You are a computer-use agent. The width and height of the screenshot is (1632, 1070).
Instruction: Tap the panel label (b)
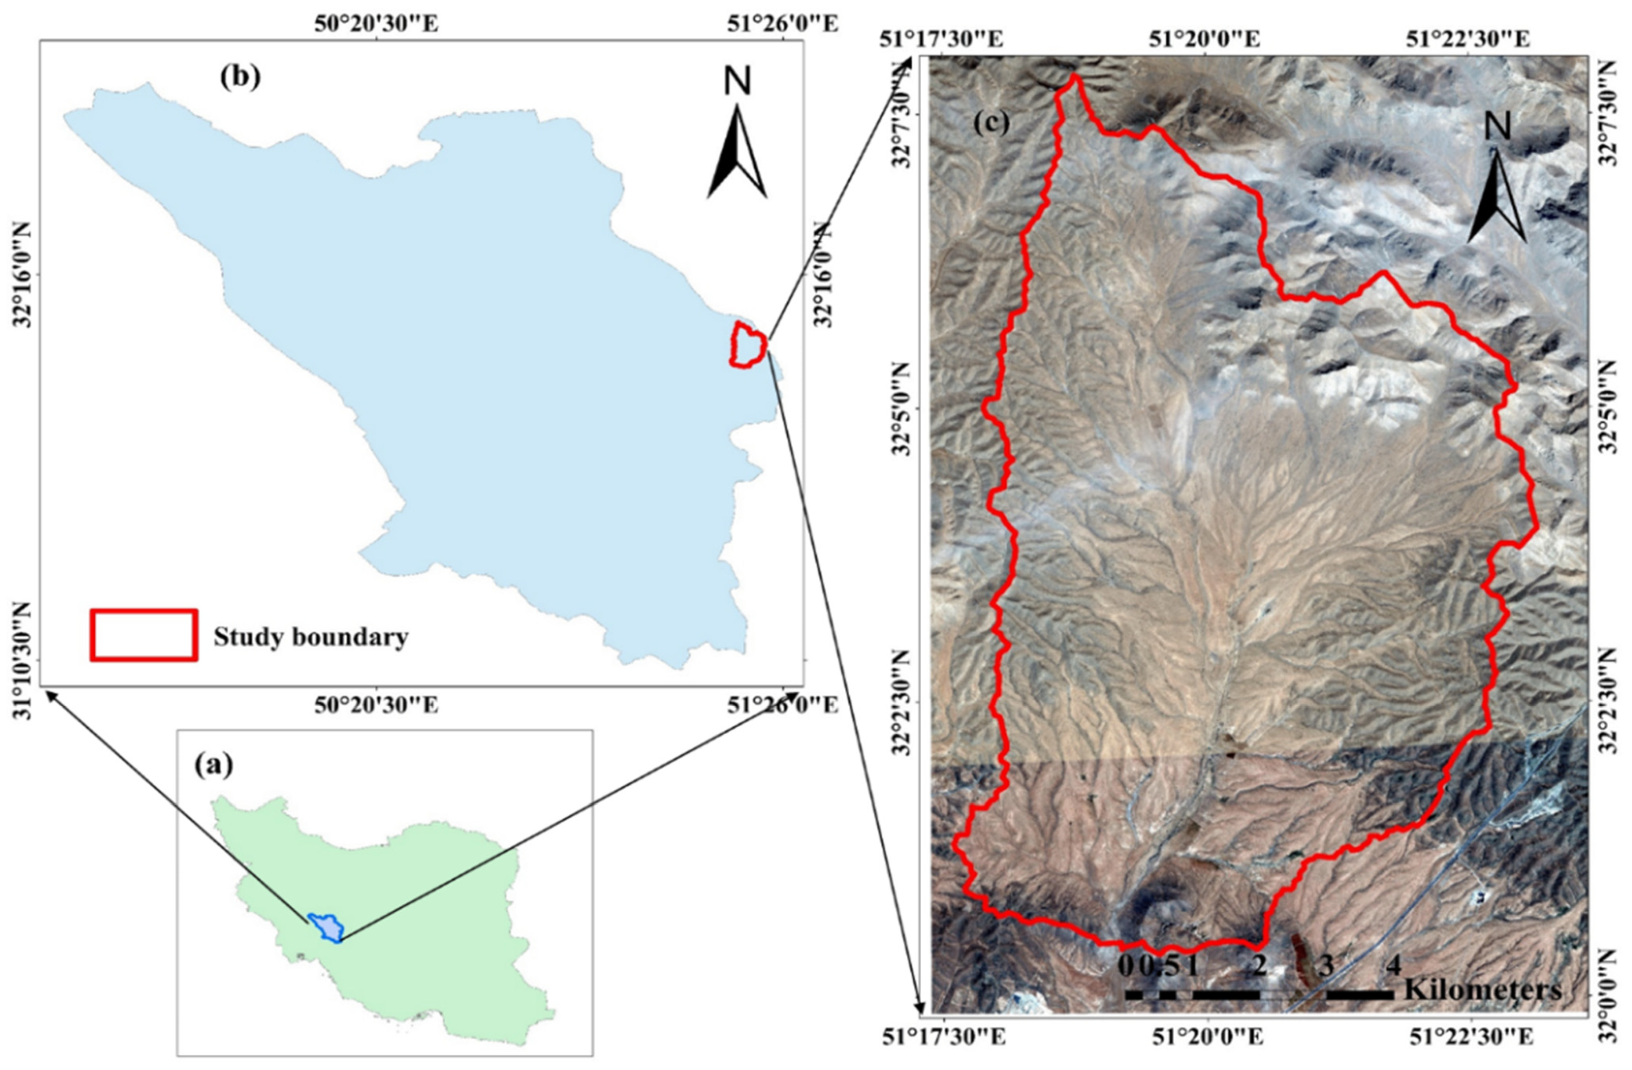pyautogui.click(x=240, y=77)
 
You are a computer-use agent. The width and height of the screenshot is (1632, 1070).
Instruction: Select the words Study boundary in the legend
pyautogui.click(x=311, y=637)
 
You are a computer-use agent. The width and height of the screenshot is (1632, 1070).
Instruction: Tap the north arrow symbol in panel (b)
pyautogui.click(x=737, y=152)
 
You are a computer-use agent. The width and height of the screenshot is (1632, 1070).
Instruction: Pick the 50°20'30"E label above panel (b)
pyautogui.click(x=376, y=24)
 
